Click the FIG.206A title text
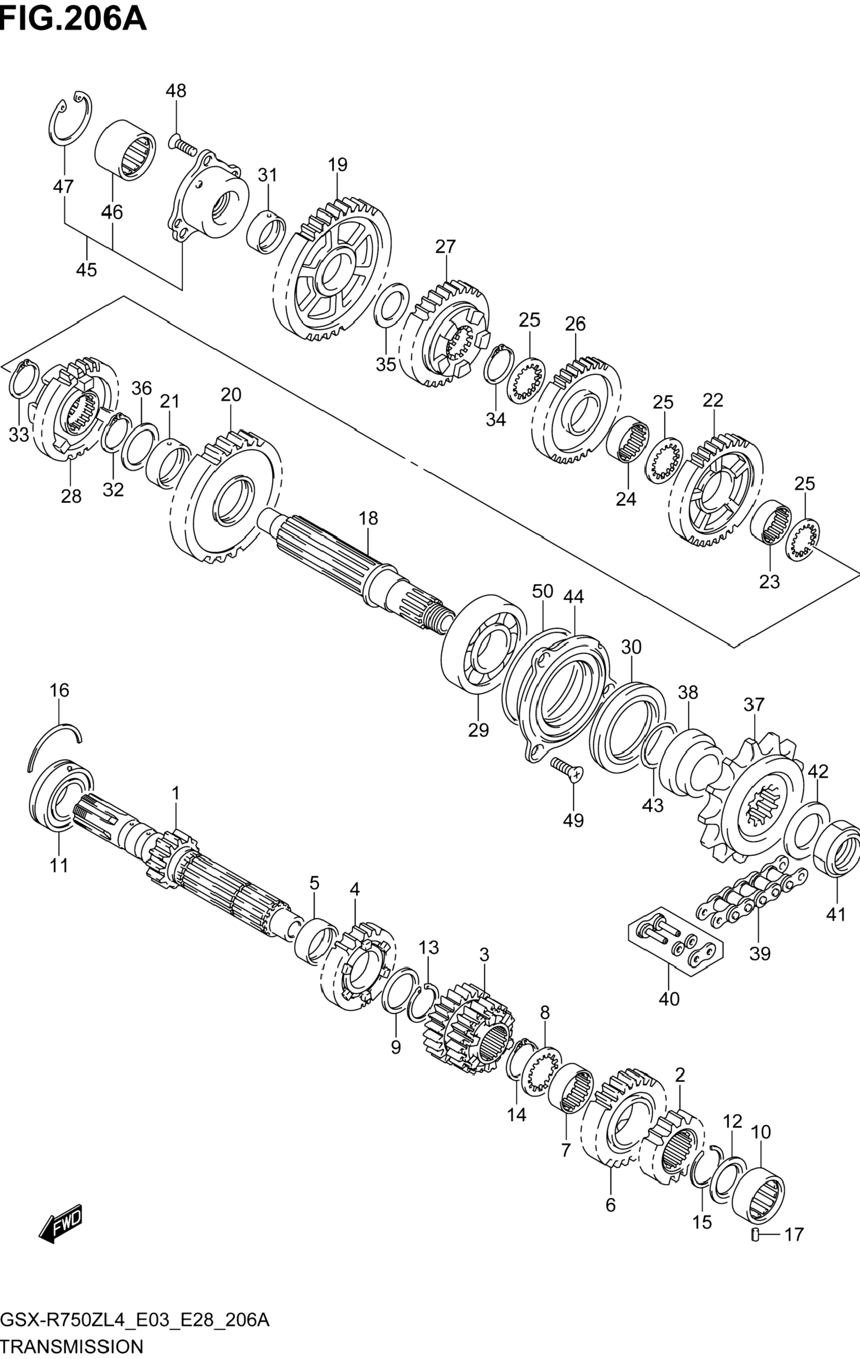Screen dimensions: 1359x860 point(73,19)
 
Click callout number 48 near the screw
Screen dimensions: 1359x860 point(176,91)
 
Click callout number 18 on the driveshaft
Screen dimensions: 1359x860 point(368,518)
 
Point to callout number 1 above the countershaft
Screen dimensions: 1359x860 point(176,793)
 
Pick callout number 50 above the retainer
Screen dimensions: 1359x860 point(542,591)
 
